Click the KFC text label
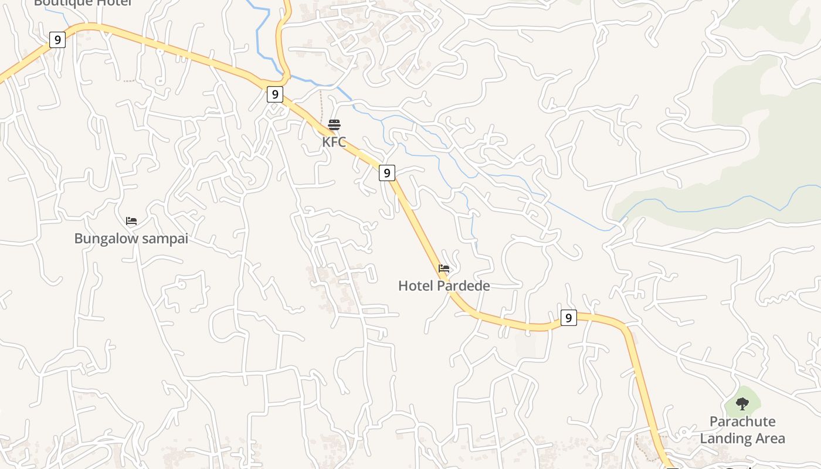pos(334,142)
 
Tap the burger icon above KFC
pos(334,124)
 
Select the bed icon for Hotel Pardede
pos(444,269)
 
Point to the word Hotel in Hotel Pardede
pos(414,286)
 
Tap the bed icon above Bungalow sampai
pos(131,221)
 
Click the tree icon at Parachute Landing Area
pos(742,403)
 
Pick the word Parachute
pos(742,422)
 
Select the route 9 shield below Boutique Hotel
pos(57,40)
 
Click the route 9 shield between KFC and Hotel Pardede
pos(386,173)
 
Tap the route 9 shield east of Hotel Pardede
pos(568,318)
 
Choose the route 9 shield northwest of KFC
pos(275,94)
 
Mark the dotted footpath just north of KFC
pos(321,104)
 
